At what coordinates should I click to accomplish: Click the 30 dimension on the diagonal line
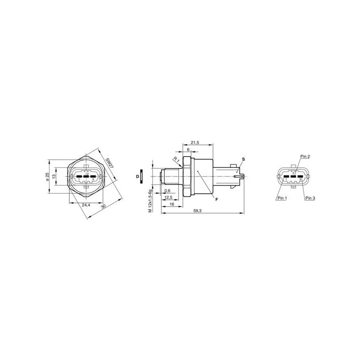coord(103,207)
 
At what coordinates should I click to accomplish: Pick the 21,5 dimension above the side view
coord(195,143)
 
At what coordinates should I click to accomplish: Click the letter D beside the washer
coord(137,176)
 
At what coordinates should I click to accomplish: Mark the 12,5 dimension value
coord(169,197)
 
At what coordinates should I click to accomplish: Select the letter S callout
coord(243,160)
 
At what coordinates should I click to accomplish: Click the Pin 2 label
coord(305,156)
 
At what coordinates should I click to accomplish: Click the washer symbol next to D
coord(142,176)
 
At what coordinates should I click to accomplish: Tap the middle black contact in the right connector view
coord(293,176)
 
